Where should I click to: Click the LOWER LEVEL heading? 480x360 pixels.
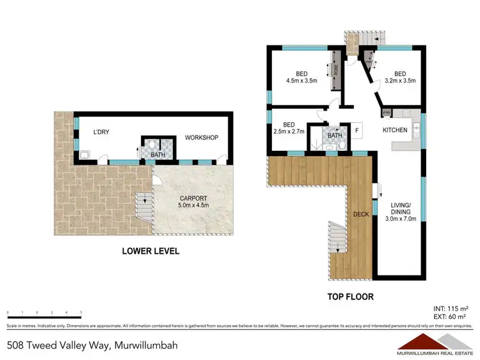click(x=150, y=251)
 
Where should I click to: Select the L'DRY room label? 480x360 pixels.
click(x=102, y=132)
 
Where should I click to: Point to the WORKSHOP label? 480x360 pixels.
click(x=202, y=137)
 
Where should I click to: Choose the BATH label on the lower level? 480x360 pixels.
click(x=157, y=154)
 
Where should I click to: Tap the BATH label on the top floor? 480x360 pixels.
click(x=335, y=135)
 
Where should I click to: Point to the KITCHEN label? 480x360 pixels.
click(x=395, y=130)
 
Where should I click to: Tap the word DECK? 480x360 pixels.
click(x=361, y=215)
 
